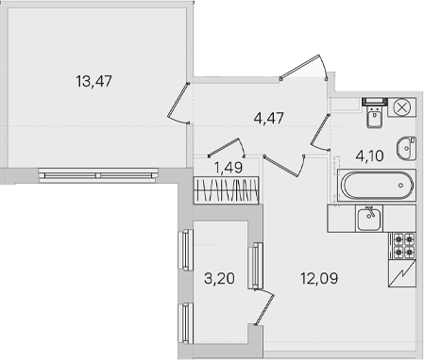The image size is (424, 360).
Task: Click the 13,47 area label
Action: (x=93, y=81)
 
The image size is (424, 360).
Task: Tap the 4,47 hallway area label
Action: (x=269, y=118)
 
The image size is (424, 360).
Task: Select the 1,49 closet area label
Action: (x=229, y=168)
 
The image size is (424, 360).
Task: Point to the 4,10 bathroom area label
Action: (x=369, y=155)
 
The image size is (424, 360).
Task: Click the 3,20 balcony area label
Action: (x=219, y=278)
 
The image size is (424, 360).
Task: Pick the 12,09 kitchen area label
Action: (x=319, y=278)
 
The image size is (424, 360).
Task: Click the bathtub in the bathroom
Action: (x=377, y=186)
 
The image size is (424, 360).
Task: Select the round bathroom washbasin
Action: (x=406, y=149)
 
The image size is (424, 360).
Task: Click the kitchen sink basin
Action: (x=369, y=219)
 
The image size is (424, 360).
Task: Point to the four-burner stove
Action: (x=404, y=246)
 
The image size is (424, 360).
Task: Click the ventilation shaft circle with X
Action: (x=402, y=107)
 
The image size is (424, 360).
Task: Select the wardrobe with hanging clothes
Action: (x=226, y=190)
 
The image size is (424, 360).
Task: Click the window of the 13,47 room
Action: (x=98, y=175)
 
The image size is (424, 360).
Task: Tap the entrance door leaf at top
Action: (x=300, y=66)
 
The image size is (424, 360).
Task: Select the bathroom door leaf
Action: (x=320, y=130)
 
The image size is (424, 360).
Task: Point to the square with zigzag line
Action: (x=402, y=274)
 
